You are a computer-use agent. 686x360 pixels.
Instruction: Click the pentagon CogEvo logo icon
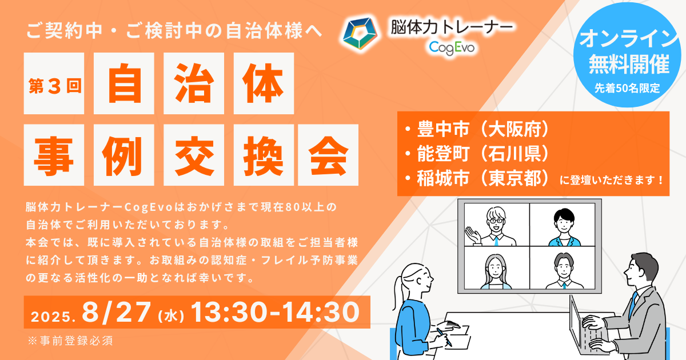(360, 33)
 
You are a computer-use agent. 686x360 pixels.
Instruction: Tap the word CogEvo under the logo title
(452, 48)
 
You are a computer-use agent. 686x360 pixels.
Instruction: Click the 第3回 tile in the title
(54, 83)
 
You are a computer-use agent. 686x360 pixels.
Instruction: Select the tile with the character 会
(328, 155)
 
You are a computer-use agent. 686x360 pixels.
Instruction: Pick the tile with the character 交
(194, 155)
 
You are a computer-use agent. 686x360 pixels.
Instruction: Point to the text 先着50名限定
(627, 88)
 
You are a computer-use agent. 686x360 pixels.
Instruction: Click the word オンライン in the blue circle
(629, 39)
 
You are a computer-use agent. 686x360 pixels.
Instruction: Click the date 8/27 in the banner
(117, 312)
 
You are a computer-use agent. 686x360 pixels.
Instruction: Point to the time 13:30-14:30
(275, 312)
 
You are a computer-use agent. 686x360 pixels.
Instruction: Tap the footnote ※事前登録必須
(70, 341)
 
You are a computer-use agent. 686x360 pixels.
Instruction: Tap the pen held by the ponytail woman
(444, 337)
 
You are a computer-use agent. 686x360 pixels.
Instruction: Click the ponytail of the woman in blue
(398, 293)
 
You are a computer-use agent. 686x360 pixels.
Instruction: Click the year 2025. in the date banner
(53, 317)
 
